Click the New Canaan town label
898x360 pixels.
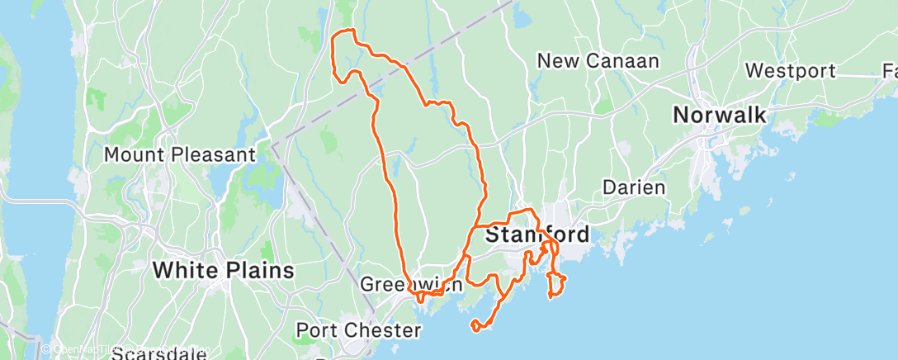pos(598,61)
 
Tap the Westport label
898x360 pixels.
pos(791,71)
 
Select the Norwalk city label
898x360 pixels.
pos(720,115)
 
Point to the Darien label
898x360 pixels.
pos(634,187)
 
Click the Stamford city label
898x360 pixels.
pos(537,234)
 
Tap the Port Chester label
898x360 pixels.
pos(359,330)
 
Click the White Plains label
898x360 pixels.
pos(224,270)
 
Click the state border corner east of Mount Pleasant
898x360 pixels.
pos(272,144)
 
